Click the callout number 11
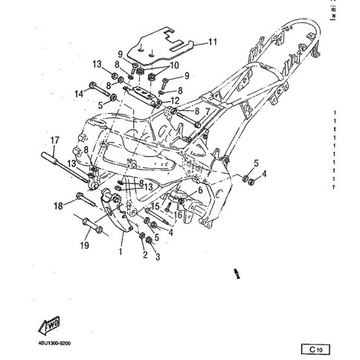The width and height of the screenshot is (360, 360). [213, 42]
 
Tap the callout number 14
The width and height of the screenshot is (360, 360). [78, 94]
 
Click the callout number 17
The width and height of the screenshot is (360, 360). [54, 140]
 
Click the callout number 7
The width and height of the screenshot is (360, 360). [208, 110]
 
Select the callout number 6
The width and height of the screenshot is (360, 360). [199, 190]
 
